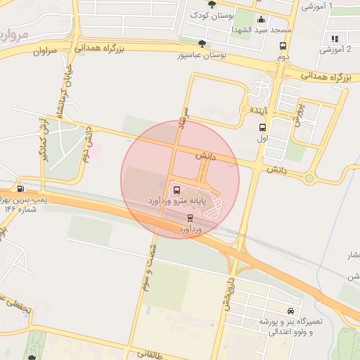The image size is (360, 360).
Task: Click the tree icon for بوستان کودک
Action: pyautogui.click(x=212, y=4)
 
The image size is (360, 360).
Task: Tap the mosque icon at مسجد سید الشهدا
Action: pyautogui.click(x=262, y=20)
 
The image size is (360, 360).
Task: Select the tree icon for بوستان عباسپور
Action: pyautogui.click(x=202, y=44)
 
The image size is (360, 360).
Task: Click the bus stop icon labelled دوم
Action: pyautogui.click(x=282, y=46)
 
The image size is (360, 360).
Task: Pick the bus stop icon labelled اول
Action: pyautogui.click(x=262, y=127)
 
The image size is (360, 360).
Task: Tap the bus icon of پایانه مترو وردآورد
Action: pyautogui.click(x=176, y=190)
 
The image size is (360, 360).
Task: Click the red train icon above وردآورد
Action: pyautogui.click(x=190, y=217)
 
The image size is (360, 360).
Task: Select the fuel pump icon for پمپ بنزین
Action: pyautogui.click(x=20, y=188)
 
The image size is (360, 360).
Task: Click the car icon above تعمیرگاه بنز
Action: pyautogui.click(x=290, y=311)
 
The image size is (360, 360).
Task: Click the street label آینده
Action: pyautogui.click(x=255, y=110)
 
